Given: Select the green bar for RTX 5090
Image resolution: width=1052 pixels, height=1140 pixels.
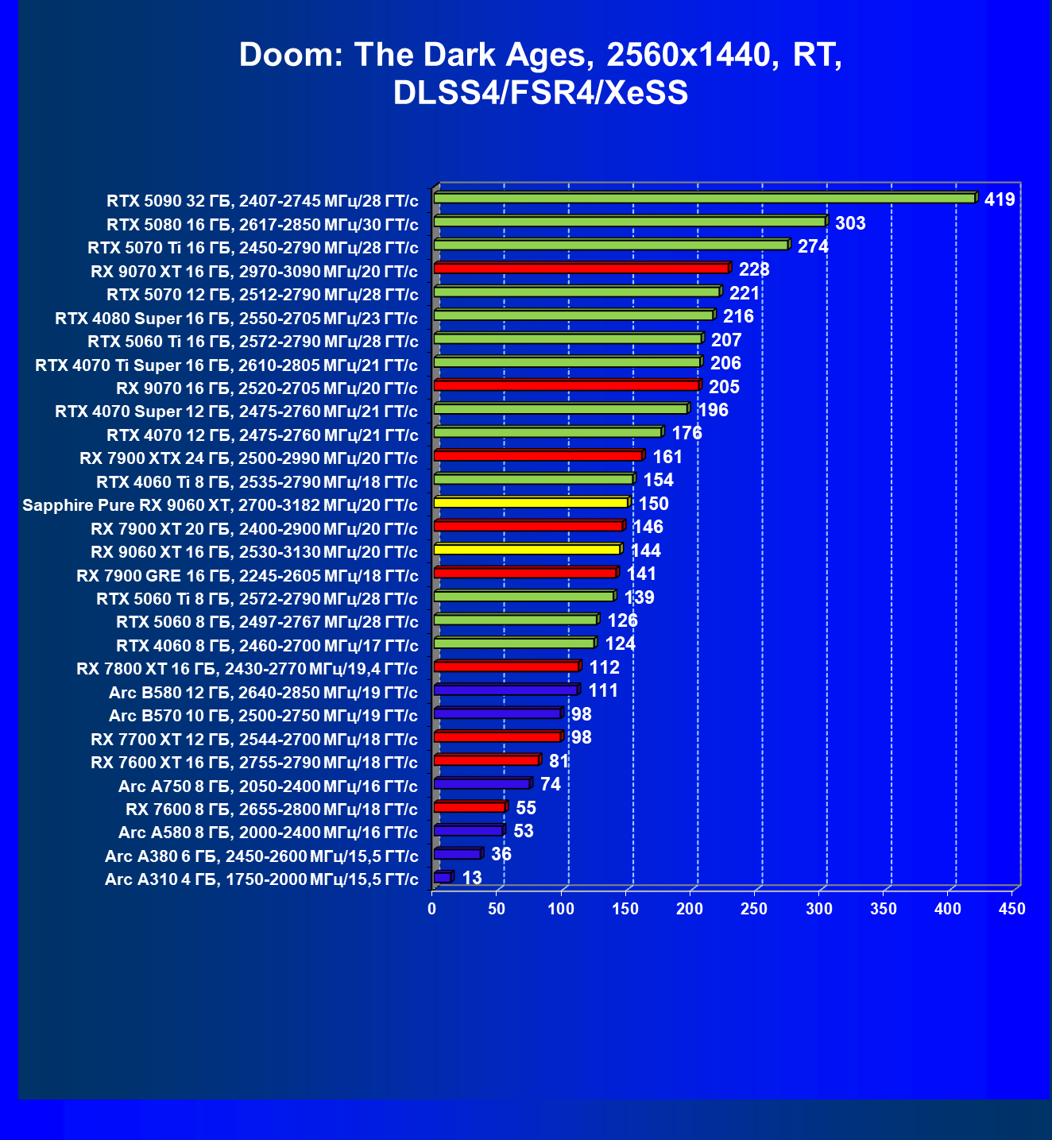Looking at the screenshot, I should [704, 198].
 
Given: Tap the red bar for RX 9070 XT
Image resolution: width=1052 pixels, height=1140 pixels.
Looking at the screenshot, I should [581, 269].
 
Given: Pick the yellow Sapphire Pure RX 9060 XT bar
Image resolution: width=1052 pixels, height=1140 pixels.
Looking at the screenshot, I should [531, 503].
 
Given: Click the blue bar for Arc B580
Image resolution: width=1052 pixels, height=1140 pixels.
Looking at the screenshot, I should [506, 690].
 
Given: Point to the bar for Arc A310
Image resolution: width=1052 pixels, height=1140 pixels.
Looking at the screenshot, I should [443, 877].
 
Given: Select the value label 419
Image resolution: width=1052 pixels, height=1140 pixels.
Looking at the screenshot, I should [1000, 199].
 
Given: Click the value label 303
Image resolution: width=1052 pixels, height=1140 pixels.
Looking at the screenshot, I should [850, 223].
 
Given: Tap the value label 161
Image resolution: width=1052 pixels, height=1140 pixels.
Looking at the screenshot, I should [667, 457].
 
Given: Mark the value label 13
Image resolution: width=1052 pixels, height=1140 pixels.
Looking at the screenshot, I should [472, 878].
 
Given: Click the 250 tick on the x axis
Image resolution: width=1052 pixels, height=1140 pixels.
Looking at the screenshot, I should [754, 909].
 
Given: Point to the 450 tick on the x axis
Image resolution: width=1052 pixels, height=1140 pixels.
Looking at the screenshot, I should [1012, 909].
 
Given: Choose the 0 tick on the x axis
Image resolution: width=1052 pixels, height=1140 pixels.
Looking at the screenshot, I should [432, 909].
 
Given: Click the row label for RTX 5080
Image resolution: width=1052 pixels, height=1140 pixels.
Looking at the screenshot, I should [262, 224].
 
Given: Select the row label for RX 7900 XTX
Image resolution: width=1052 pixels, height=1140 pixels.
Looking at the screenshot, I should [249, 458].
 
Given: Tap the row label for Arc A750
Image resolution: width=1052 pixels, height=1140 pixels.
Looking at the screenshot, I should [268, 786].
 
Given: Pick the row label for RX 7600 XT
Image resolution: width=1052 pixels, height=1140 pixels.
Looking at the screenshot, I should [254, 763].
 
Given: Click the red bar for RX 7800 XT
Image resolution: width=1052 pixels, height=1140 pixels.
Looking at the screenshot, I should [507, 667].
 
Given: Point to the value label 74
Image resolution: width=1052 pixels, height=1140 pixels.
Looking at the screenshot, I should [551, 785].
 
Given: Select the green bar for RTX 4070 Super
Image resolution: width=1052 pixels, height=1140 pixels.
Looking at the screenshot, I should [561, 409].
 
